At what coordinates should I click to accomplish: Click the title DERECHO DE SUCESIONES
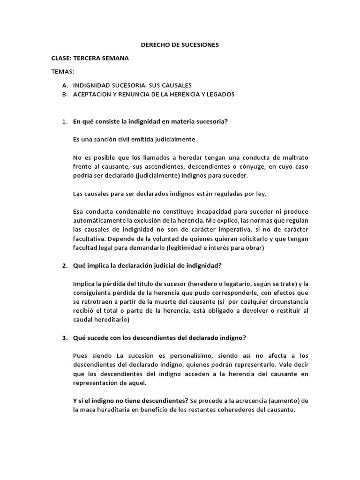[180, 45]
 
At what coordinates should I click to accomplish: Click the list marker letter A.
[64, 85]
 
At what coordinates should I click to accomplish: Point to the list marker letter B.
[64, 94]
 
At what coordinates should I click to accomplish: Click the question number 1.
[64, 122]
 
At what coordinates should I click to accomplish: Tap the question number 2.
[64, 266]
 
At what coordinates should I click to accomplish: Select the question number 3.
[64, 338]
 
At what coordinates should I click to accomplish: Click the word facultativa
[89, 238]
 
